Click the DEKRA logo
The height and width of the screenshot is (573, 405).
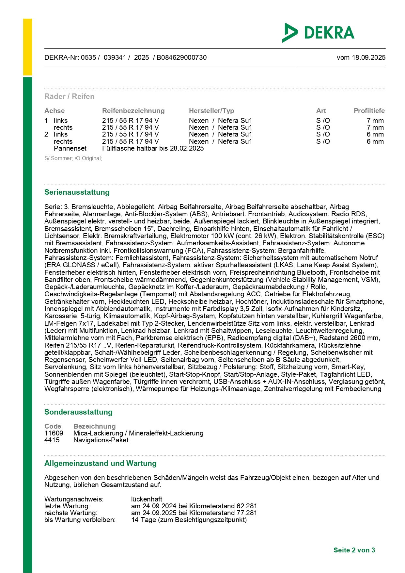click(x=318, y=33)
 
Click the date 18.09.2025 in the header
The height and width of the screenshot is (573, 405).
click(x=368, y=57)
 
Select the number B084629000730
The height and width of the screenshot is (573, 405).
click(x=181, y=57)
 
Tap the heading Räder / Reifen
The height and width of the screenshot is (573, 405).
click(x=70, y=96)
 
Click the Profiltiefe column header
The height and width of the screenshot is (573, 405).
click(x=369, y=111)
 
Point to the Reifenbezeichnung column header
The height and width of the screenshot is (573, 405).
click(x=133, y=111)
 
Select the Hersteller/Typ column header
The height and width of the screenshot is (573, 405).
click(x=211, y=111)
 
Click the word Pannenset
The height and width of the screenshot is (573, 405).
click(x=70, y=148)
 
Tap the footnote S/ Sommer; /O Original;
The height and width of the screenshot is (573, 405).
click(x=73, y=158)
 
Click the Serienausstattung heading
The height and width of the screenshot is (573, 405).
click(x=77, y=192)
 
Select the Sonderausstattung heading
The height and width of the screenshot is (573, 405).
click(x=78, y=412)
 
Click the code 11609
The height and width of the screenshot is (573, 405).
click(x=54, y=433)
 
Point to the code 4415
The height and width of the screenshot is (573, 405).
click(x=52, y=440)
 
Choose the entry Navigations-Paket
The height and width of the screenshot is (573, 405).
click(x=101, y=440)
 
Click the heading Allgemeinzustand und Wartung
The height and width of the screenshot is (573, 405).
click(x=101, y=463)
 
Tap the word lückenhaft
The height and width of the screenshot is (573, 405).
click(x=147, y=499)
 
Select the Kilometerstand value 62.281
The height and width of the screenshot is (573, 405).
click(x=247, y=506)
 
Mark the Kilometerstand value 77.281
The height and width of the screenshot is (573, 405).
click(x=247, y=513)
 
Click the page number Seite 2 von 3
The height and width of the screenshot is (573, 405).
click(x=354, y=550)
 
